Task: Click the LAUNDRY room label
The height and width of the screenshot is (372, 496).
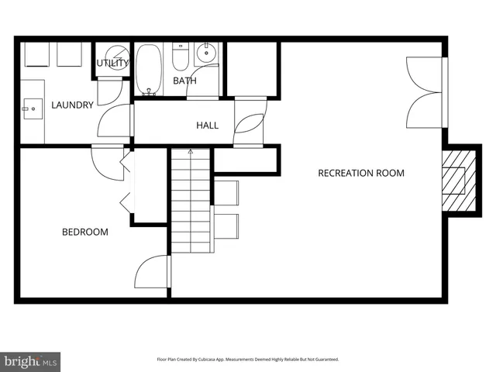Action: click(x=72, y=105)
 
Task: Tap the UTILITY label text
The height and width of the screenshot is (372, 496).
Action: click(x=112, y=63)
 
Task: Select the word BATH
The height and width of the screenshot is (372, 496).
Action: click(x=184, y=81)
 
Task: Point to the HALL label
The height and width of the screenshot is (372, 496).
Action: click(x=207, y=125)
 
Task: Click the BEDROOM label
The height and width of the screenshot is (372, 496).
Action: click(x=85, y=232)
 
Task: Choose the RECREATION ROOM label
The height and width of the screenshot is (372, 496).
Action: click(x=361, y=173)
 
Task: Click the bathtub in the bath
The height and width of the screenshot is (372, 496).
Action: click(x=150, y=69)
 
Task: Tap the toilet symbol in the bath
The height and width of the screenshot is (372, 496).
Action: click(x=180, y=57)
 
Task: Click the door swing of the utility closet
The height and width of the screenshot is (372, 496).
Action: click(x=109, y=91)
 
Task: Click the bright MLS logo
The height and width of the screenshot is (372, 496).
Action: click(x=30, y=361)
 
